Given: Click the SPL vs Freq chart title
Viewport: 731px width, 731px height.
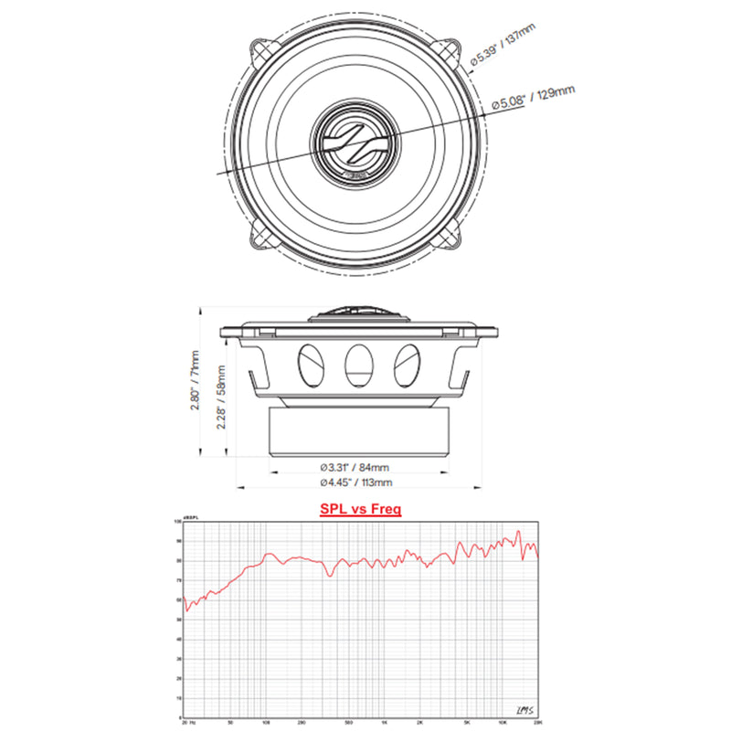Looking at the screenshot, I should (360, 508).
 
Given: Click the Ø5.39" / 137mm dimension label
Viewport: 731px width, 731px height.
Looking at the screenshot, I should (502, 46).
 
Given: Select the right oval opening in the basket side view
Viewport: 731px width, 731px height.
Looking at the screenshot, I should (408, 365).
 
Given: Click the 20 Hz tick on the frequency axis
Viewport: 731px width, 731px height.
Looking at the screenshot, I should (187, 721).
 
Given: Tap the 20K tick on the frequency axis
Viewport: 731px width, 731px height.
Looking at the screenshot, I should (535, 721).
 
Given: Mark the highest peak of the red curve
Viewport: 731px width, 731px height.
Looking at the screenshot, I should (518, 531).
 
